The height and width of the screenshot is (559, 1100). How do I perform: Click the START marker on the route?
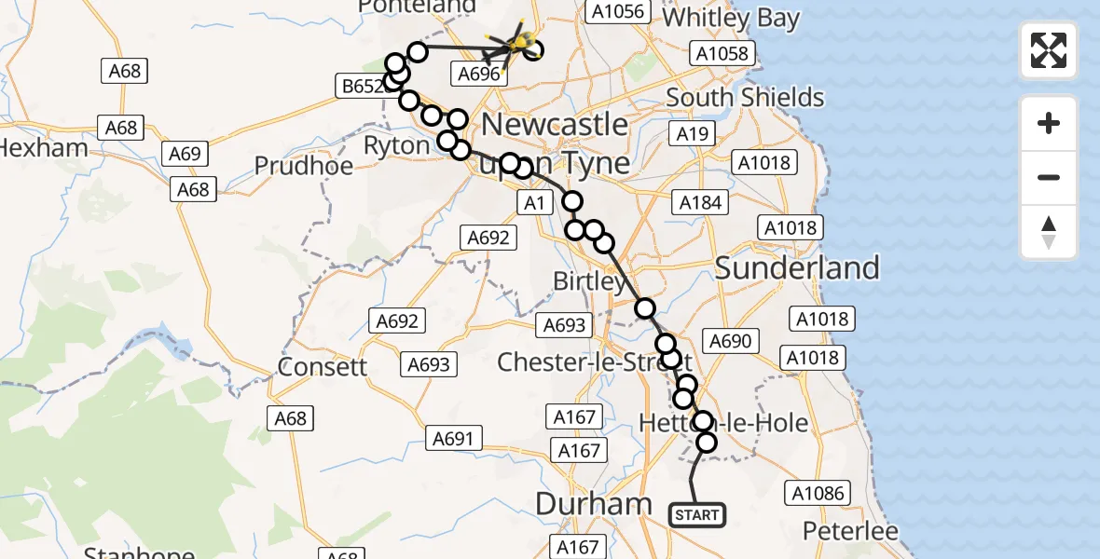pyautogui.click(x=697, y=515)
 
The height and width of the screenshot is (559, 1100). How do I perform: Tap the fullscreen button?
pyautogui.click(x=1049, y=50)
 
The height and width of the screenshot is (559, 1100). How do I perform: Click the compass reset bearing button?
pyautogui.click(x=1049, y=232)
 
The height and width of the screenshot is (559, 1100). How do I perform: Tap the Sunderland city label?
pyautogui.click(x=797, y=268)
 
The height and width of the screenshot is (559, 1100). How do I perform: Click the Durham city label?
pyautogui.click(x=594, y=504)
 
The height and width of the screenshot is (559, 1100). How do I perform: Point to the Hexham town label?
pyautogui.click(x=44, y=147)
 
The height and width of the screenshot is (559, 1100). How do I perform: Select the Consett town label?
pyautogui.click(x=323, y=367)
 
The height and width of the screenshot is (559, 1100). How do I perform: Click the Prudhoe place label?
pyautogui.click(x=304, y=166)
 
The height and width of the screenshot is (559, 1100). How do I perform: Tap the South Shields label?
pyautogui.click(x=745, y=98)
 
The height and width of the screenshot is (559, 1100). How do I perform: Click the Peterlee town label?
pyautogui.click(x=853, y=532)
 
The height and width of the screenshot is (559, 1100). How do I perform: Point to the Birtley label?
pyautogui.click(x=590, y=280)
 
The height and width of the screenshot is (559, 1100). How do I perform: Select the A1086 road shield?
pyautogui.click(x=816, y=493)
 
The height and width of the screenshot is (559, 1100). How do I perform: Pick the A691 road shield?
pyautogui.click(x=454, y=438)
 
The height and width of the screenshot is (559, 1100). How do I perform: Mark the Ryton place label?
pyautogui.click(x=397, y=145)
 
